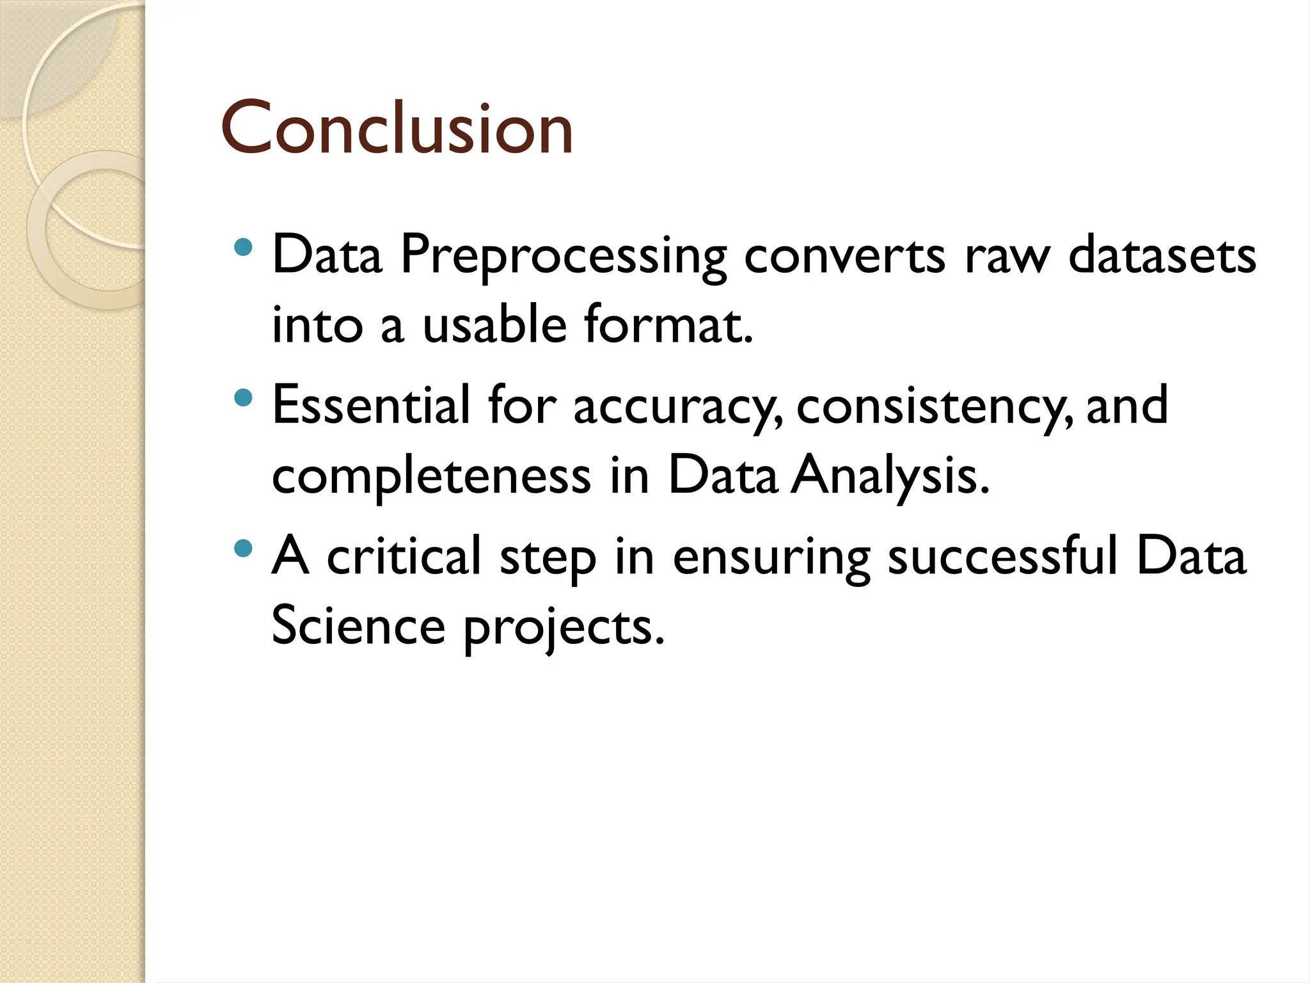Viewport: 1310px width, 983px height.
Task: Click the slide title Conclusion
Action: (x=397, y=129)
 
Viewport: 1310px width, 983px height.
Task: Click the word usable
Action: (x=494, y=324)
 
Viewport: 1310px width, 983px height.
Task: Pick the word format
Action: (x=668, y=324)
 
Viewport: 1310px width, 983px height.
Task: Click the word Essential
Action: (x=371, y=404)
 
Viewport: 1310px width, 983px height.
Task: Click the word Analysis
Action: (x=890, y=477)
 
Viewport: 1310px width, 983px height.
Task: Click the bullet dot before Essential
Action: (x=243, y=399)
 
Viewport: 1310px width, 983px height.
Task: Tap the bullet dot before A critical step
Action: (x=243, y=548)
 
